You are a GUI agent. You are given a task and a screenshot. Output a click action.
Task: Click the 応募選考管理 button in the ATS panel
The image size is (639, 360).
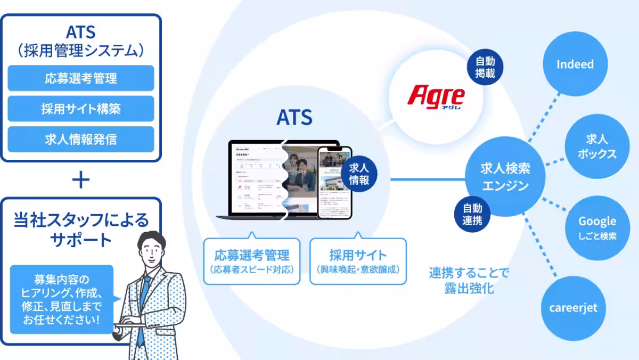81,78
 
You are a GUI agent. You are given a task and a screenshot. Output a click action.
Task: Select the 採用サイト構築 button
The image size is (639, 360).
81,109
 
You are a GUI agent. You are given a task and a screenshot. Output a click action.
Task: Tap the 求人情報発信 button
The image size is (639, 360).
81,140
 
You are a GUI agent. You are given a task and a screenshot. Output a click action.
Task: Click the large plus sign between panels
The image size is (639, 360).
81,180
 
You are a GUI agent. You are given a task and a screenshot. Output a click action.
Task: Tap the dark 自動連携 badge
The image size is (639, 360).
472,214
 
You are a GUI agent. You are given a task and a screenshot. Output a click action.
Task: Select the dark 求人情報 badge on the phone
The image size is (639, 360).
359,174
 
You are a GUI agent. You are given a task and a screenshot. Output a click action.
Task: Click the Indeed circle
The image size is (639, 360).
575,64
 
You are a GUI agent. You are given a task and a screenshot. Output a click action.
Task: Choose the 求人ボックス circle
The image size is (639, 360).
597,146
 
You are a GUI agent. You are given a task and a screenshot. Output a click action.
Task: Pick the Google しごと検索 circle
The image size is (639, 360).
597,227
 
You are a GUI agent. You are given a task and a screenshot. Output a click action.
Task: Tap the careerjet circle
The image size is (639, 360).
573,308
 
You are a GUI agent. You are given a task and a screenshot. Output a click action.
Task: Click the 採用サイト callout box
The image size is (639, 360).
358,261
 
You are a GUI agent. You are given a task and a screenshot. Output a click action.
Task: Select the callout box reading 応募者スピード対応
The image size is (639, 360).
252,261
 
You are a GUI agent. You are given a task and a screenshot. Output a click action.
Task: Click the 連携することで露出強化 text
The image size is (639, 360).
469,281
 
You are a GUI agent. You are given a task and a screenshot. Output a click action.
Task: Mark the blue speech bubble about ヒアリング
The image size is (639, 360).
62,299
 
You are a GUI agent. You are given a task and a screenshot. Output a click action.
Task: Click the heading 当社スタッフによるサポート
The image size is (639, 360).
81,230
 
